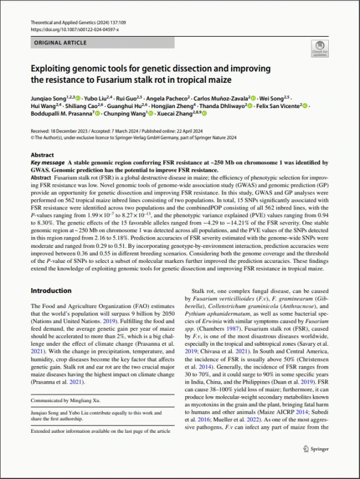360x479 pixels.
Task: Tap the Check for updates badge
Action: (x=319, y=49)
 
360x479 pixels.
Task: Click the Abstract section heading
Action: (x=42, y=155)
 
